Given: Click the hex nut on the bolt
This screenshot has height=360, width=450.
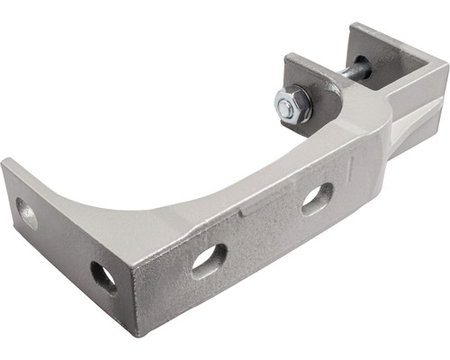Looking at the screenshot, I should click(292, 106).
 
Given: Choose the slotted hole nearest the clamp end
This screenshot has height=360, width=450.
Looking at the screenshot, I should click(316, 198).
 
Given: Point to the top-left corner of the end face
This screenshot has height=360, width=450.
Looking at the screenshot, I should click(7, 162).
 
